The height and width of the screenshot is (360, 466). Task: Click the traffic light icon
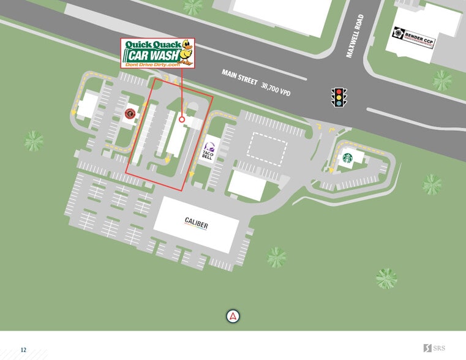(x=339, y=97)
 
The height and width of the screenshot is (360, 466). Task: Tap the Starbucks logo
(x=348, y=157)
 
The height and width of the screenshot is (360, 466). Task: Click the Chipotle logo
(x=130, y=113)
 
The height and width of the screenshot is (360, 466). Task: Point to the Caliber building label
(x=196, y=223)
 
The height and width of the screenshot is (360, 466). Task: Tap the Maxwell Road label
(x=355, y=36)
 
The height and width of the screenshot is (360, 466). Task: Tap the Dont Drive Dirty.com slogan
(x=152, y=64)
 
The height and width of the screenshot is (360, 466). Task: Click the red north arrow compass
(x=233, y=317)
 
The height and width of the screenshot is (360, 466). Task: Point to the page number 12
(x=23, y=350)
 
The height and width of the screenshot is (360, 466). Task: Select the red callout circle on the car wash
(x=182, y=119)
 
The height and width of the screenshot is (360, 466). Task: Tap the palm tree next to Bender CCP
(x=442, y=80)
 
